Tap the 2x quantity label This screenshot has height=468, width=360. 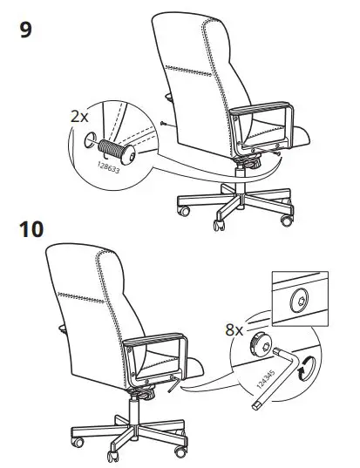(x=79, y=116)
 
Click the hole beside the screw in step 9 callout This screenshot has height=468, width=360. (x=92, y=138)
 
